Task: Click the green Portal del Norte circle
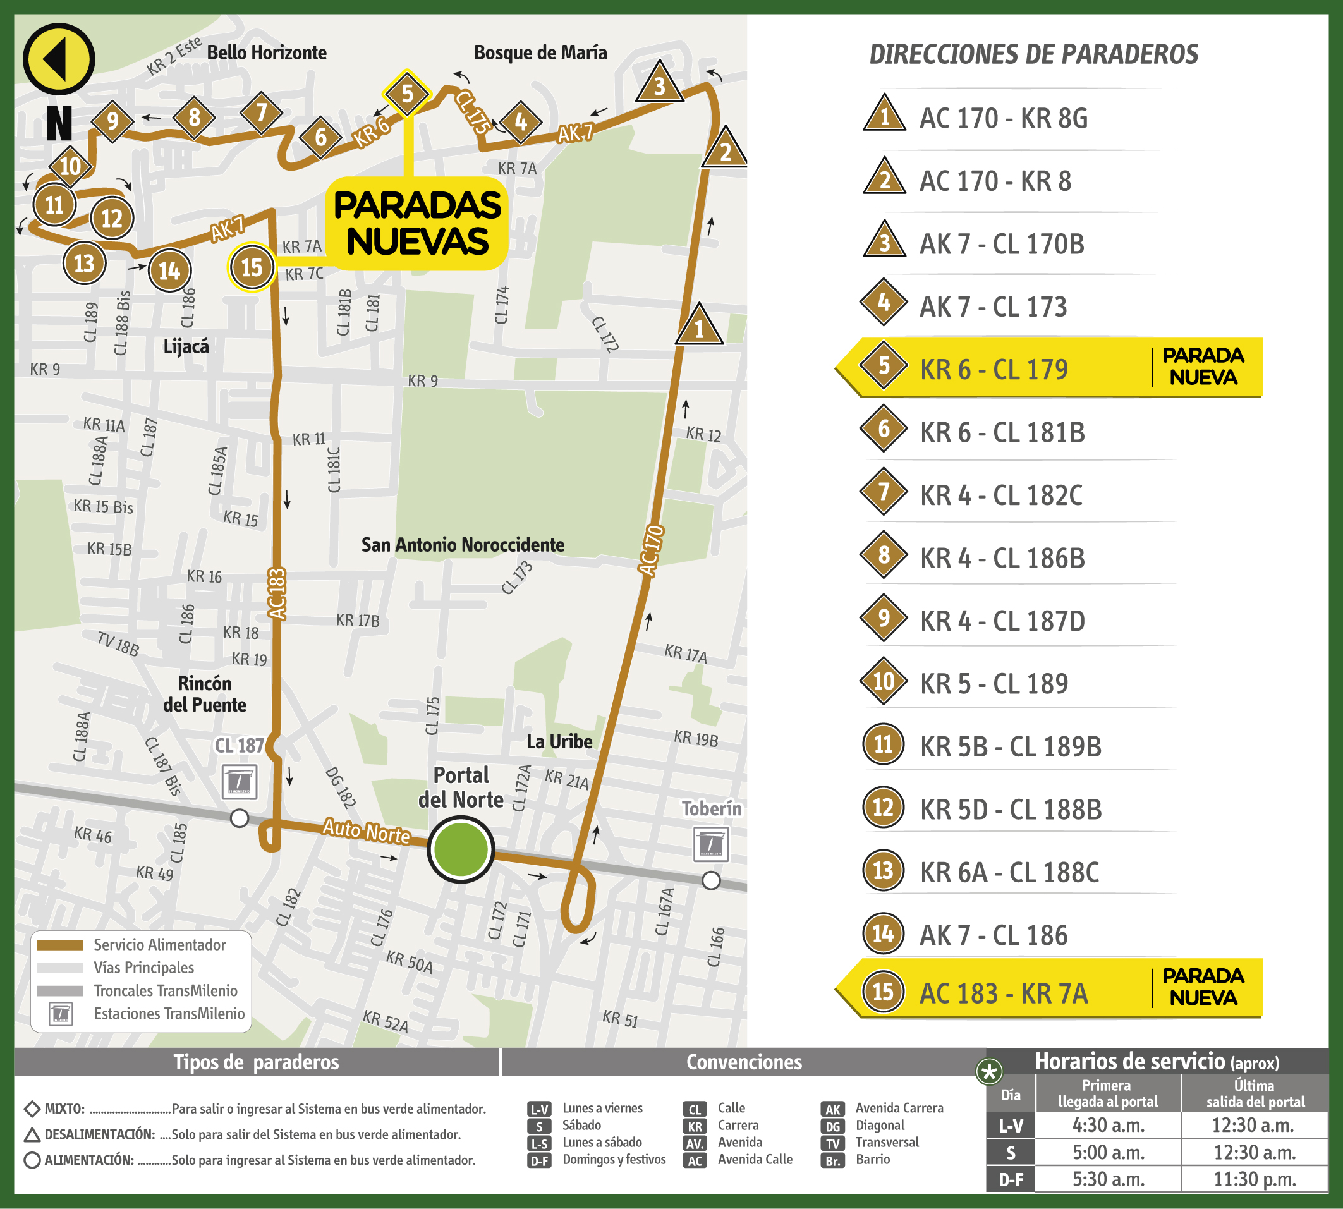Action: (x=460, y=849)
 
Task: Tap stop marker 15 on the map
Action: (x=251, y=268)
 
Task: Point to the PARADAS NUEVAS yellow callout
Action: (x=417, y=223)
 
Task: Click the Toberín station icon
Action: (x=711, y=844)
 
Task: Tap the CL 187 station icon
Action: (x=239, y=782)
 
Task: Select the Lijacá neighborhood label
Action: (x=186, y=346)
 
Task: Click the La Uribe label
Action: (x=559, y=741)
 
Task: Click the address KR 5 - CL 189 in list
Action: (x=994, y=684)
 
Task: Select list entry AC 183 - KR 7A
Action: (x=1003, y=993)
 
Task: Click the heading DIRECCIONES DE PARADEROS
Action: (x=1033, y=54)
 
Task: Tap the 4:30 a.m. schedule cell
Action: (x=1108, y=1126)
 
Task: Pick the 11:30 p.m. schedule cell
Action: (x=1254, y=1179)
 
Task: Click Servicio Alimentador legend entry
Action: (x=159, y=945)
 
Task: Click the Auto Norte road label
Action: (x=366, y=831)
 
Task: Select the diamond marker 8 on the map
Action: (x=194, y=118)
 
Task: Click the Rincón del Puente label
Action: (x=205, y=694)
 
